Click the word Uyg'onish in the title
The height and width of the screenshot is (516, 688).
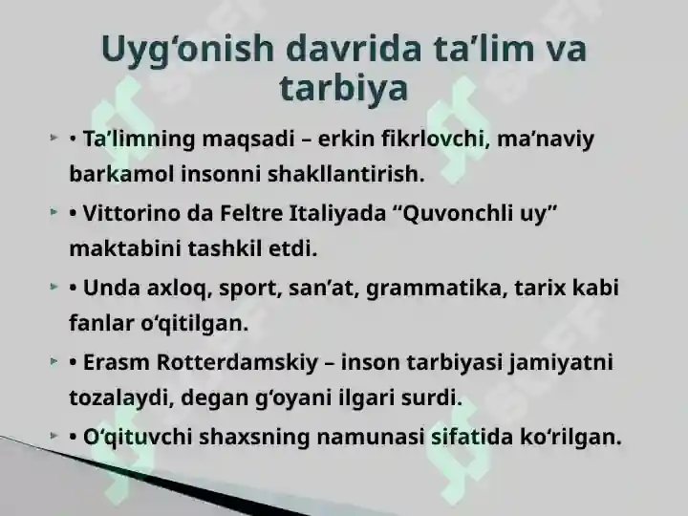click(188, 50)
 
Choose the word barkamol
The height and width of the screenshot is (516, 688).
click(121, 174)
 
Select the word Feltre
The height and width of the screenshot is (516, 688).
click(251, 213)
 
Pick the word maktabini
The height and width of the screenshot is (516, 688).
click(125, 248)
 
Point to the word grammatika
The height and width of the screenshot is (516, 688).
click(437, 289)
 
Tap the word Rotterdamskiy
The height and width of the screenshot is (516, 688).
click(237, 363)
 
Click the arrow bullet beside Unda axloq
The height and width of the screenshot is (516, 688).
click(54, 287)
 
